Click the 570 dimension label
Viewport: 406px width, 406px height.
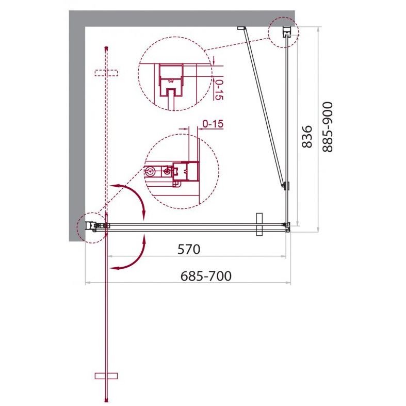[189, 249]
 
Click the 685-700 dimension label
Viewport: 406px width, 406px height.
[206, 276]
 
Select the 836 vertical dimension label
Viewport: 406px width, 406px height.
[307, 137]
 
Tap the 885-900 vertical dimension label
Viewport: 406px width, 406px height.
[327, 127]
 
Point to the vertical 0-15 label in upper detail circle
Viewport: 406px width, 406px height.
[219, 90]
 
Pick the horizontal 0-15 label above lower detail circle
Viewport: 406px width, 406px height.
[213, 124]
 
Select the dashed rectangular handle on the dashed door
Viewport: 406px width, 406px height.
[106, 73]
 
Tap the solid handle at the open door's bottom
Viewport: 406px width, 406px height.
[106, 376]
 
